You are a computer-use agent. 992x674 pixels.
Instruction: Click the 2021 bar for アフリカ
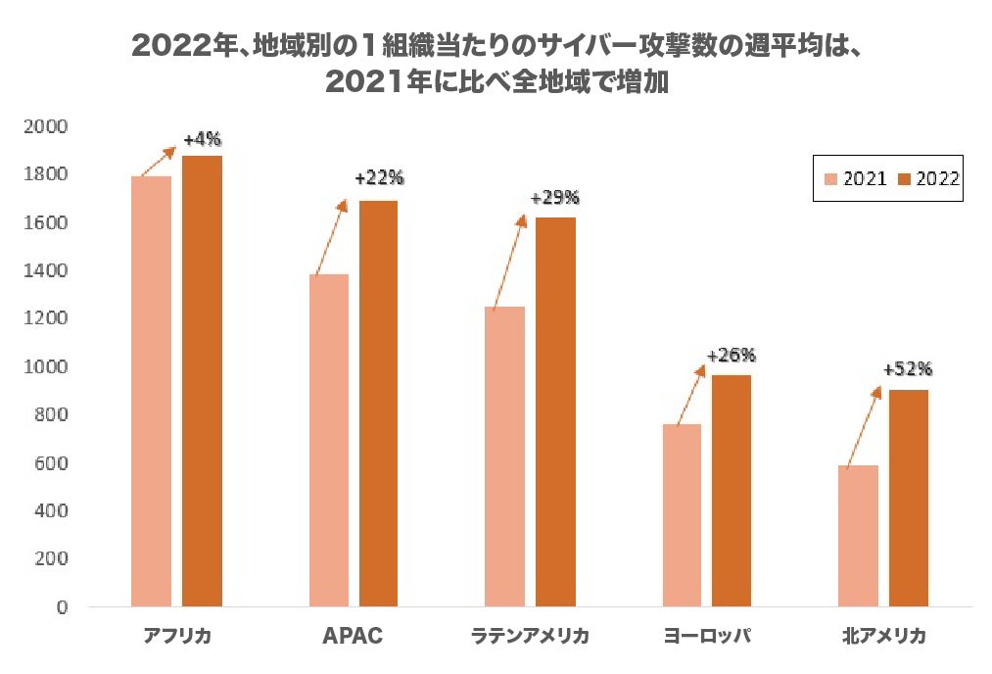(x=151, y=392)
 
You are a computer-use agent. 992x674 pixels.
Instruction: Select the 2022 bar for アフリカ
(x=202, y=381)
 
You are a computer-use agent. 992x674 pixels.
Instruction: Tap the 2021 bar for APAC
(x=328, y=441)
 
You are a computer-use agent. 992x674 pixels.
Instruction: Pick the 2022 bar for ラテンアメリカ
(x=555, y=411)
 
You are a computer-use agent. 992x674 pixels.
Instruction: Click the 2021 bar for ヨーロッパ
(x=682, y=515)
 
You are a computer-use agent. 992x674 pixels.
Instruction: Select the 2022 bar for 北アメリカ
(x=909, y=499)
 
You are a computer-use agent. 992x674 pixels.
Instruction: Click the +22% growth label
(x=379, y=178)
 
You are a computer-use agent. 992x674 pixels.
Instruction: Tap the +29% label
(x=554, y=198)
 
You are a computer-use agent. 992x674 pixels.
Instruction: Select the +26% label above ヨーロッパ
(x=732, y=355)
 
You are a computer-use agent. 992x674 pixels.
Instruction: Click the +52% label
(x=908, y=369)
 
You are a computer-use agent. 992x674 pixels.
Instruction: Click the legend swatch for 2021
(x=831, y=179)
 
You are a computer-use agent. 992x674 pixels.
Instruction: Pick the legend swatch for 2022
(x=904, y=179)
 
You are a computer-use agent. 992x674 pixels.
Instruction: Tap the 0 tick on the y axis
(x=62, y=607)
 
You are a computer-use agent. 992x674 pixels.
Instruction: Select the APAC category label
(x=353, y=637)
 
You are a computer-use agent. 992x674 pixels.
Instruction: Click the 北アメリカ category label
(x=883, y=637)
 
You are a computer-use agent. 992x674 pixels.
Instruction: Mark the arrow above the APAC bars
(x=329, y=238)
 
